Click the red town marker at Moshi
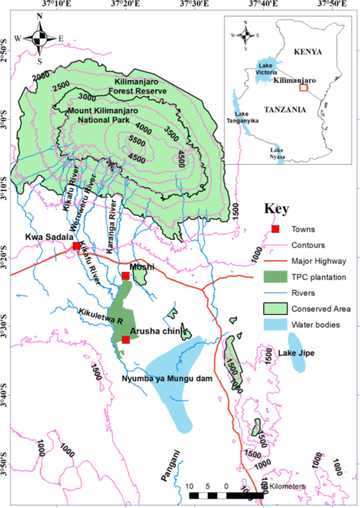[126, 276]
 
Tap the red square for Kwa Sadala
[76, 246]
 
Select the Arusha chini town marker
[126, 340]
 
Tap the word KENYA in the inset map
[307, 52]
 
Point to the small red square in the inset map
[303, 88]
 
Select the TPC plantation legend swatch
[276, 276]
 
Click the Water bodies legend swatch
[276, 324]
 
